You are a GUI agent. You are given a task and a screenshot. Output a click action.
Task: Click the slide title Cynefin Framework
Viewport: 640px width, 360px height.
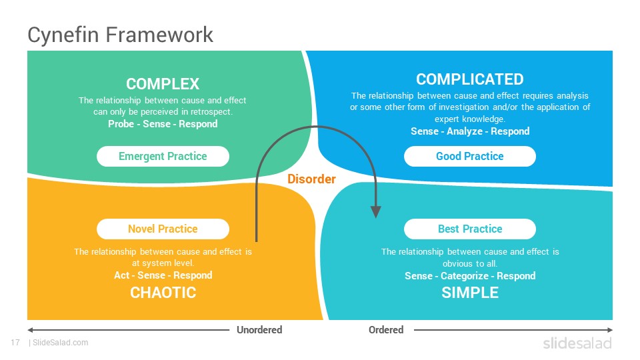click(x=120, y=35)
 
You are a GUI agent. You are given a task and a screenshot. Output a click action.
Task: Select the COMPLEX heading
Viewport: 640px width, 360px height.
click(x=163, y=84)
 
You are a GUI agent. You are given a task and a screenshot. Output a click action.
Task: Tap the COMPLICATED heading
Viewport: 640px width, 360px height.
click(x=470, y=79)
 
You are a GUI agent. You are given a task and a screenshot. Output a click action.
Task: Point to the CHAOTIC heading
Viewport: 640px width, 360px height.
click(x=163, y=293)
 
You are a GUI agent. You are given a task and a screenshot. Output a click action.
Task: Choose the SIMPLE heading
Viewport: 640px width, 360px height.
click(x=470, y=293)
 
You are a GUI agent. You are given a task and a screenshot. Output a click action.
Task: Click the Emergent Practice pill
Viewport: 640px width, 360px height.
click(x=163, y=156)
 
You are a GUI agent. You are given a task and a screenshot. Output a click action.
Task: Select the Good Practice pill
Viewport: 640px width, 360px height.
click(x=470, y=156)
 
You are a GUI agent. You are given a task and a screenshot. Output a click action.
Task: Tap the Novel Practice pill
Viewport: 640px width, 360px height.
click(x=163, y=229)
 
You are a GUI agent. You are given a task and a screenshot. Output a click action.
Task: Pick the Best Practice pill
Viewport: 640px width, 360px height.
click(x=470, y=229)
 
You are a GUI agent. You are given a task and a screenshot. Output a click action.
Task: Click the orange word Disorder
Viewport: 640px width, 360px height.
click(x=311, y=179)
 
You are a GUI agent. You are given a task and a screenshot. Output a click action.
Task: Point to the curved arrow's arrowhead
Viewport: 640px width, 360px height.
click(x=376, y=212)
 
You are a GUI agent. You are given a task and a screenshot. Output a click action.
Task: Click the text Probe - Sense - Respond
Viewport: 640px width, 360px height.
click(x=163, y=124)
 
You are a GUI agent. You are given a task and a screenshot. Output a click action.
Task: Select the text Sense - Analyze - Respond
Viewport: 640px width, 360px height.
click(x=470, y=131)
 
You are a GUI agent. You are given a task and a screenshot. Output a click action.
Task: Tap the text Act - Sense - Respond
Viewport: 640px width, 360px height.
click(x=163, y=275)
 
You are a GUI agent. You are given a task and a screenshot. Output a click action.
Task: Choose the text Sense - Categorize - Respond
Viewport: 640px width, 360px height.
click(x=470, y=276)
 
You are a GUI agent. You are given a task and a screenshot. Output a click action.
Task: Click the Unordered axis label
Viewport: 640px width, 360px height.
click(x=259, y=330)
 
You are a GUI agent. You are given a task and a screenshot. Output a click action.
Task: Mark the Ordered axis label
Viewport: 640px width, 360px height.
click(x=386, y=330)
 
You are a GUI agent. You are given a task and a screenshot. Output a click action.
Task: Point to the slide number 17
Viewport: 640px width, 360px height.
click(x=15, y=343)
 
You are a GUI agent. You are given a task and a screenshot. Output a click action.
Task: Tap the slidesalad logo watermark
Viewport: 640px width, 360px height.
click(x=577, y=343)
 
